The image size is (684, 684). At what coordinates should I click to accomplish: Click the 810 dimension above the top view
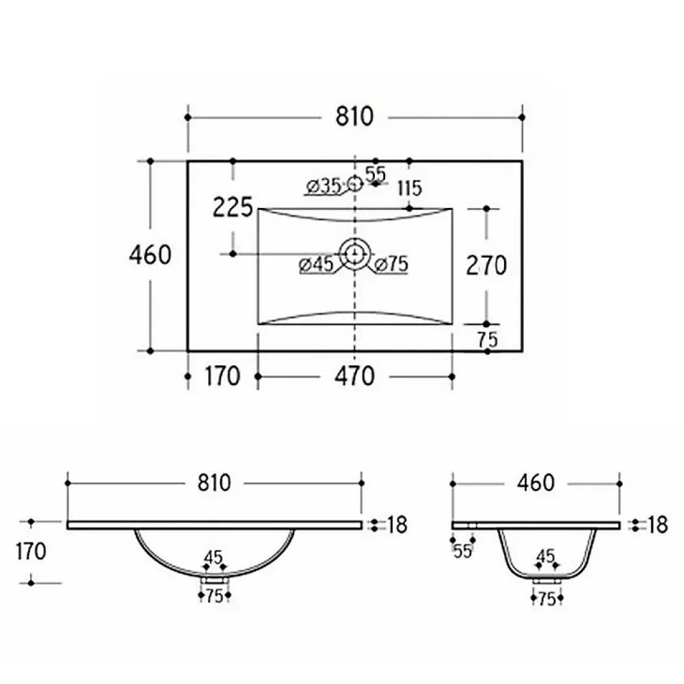pos(354,116)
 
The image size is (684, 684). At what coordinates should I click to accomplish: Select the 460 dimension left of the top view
pos(150,254)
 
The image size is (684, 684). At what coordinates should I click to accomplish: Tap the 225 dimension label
pos(233,207)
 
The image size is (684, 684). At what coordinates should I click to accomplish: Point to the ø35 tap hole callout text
pos(324,187)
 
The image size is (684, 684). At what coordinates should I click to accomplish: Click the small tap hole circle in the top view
pos(355,183)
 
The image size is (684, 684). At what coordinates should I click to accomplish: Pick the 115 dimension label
pos(410,189)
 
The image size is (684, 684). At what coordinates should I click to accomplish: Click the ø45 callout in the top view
pos(316,264)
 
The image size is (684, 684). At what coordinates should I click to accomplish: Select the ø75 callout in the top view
pos(392,264)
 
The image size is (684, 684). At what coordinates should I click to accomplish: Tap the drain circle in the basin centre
pos(354,254)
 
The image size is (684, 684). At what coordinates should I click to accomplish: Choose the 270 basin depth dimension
pos(486,265)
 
